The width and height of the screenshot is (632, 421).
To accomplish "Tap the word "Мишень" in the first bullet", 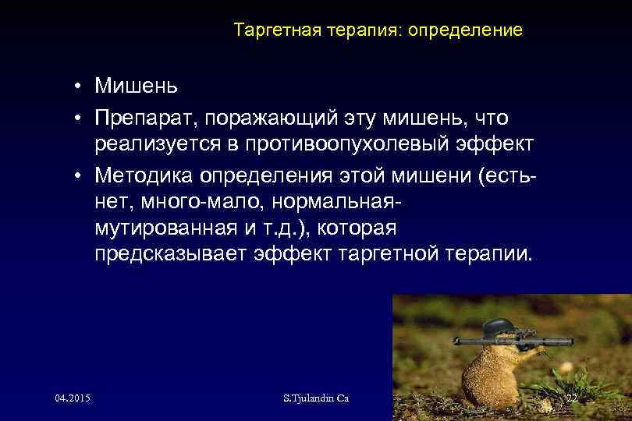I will point(137,84).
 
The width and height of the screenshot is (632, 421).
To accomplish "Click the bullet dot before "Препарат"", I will point(80,119).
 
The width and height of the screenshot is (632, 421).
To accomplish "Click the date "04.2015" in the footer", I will point(73,398).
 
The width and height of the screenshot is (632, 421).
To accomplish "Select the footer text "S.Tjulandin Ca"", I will point(316,398).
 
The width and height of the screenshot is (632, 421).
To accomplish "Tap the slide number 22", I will point(571,398).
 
